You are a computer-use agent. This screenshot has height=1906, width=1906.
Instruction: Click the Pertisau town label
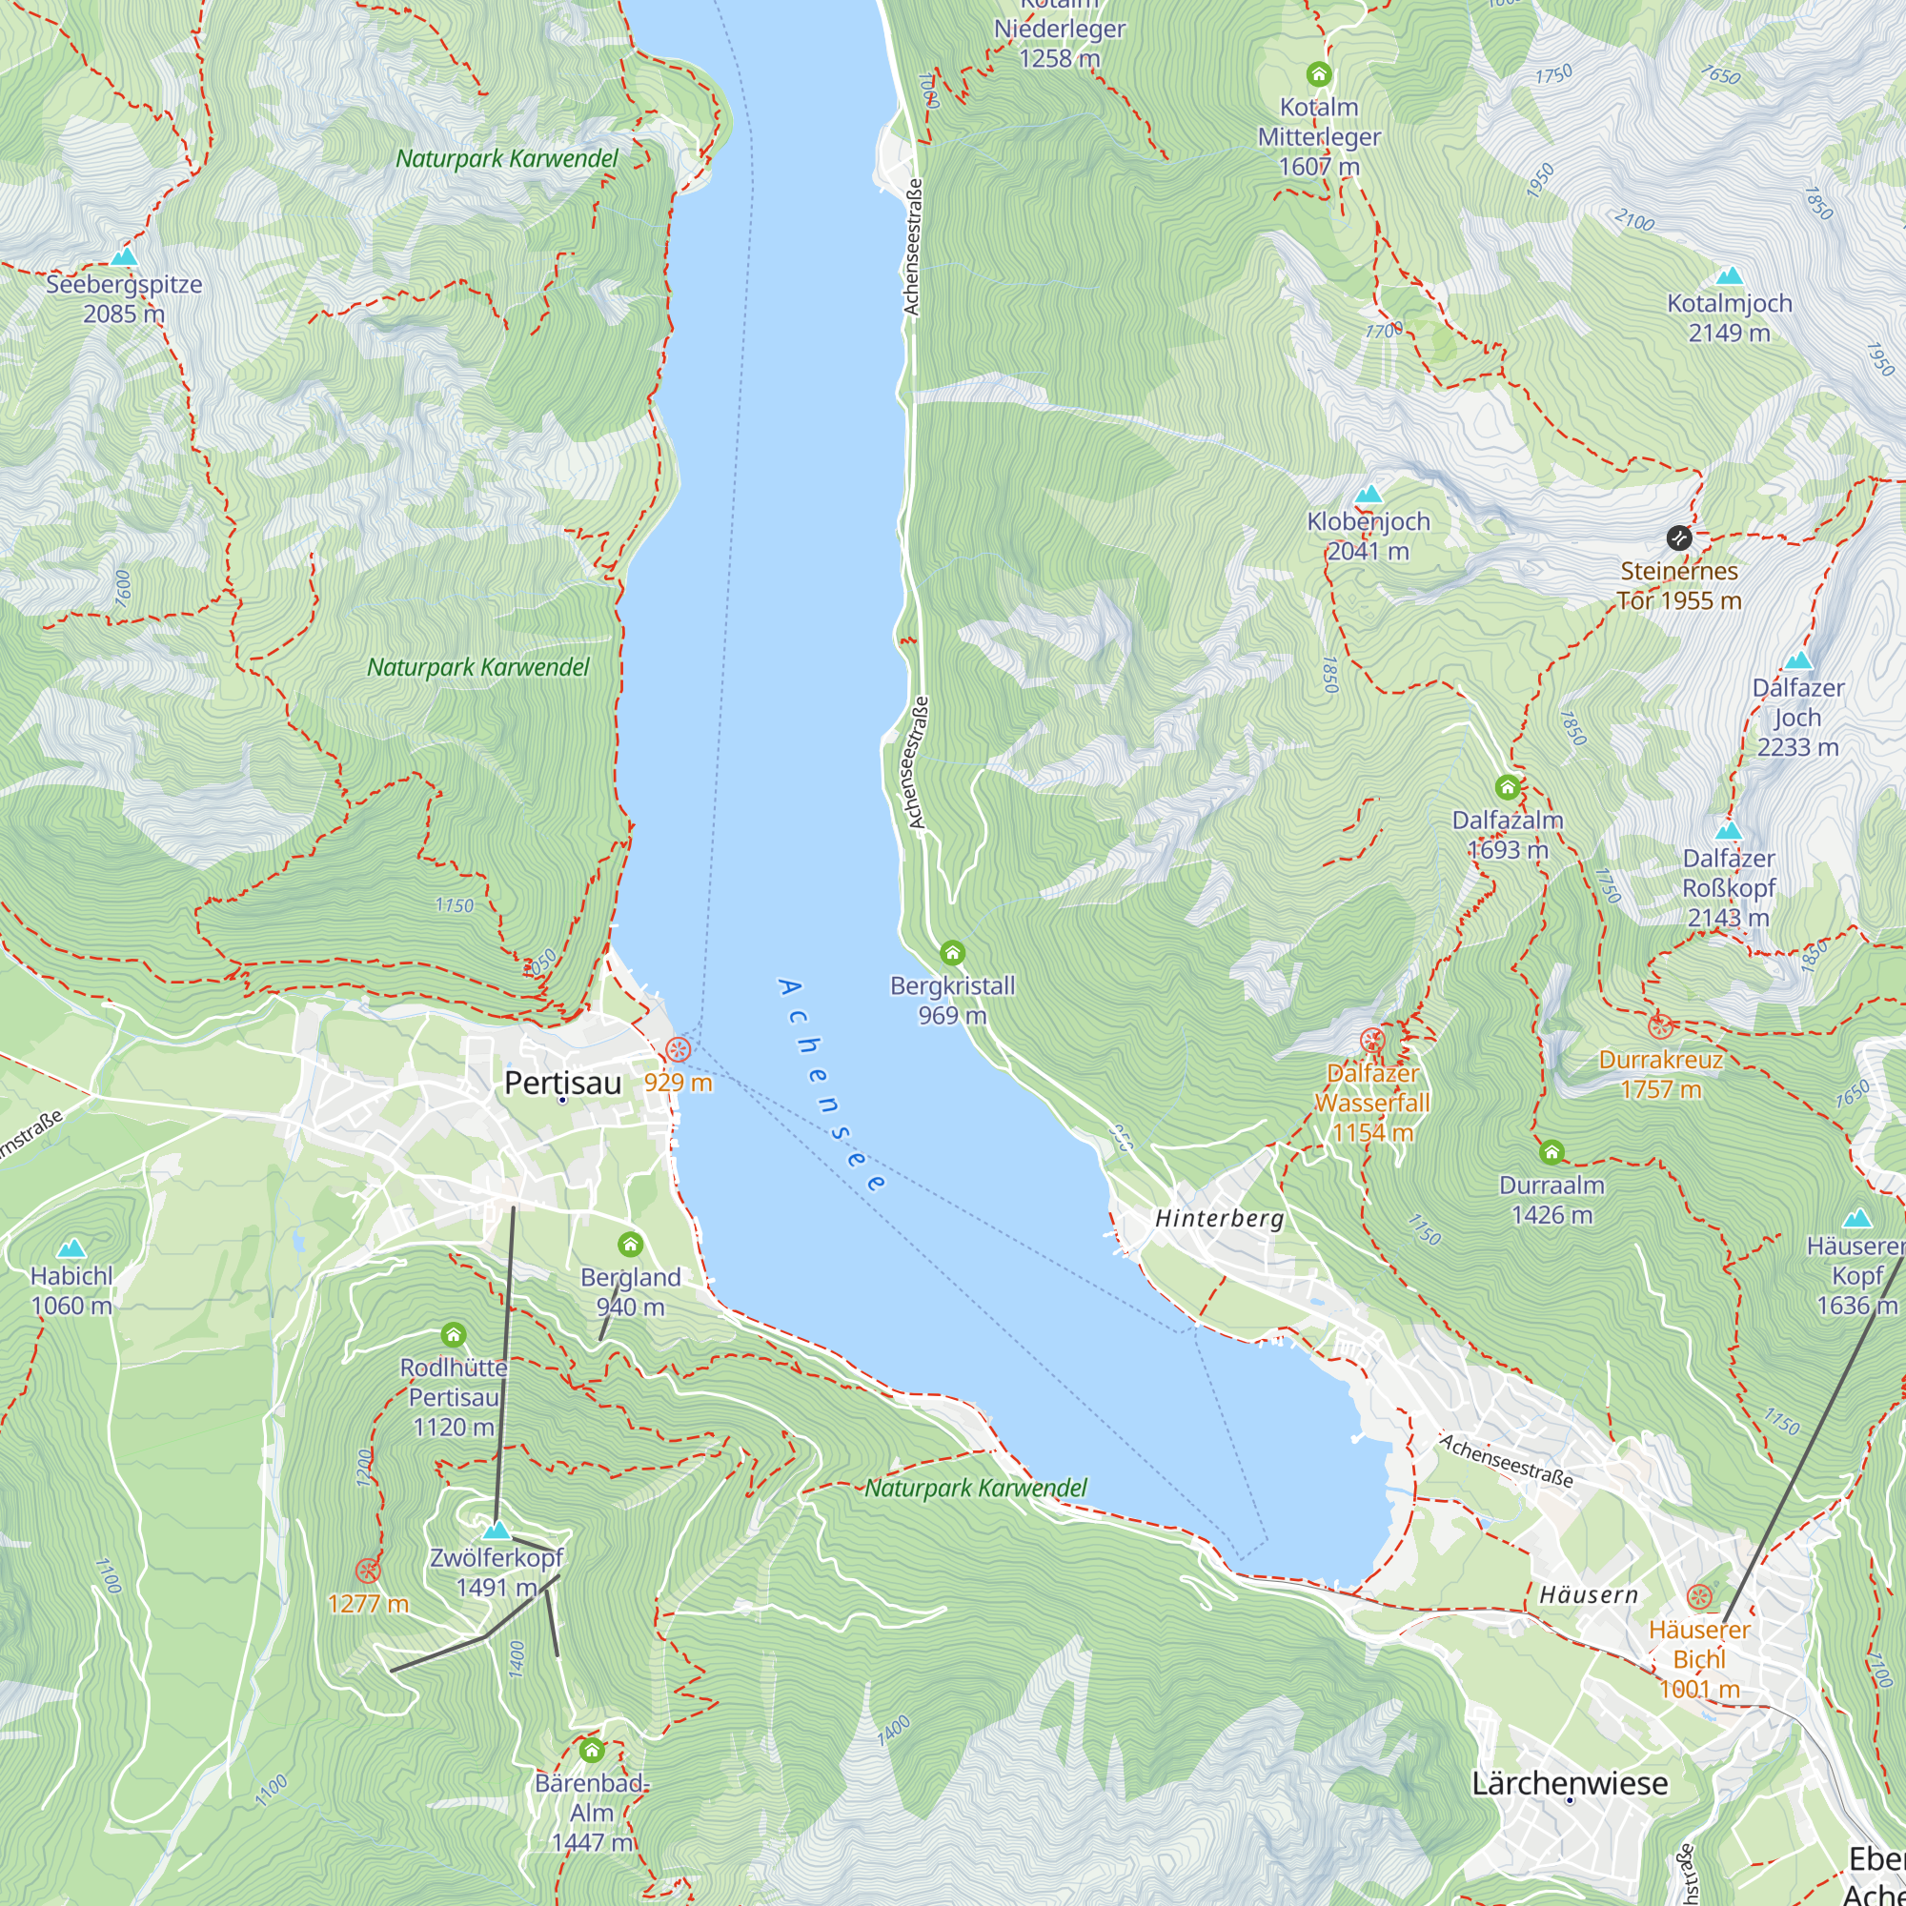(x=562, y=1084)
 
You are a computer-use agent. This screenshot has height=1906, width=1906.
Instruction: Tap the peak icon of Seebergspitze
(x=123, y=257)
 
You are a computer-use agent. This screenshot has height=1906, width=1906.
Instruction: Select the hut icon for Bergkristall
(x=952, y=953)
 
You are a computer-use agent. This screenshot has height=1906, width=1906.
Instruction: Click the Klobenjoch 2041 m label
(x=1369, y=536)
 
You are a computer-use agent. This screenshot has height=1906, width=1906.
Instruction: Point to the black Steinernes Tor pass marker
(x=1679, y=537)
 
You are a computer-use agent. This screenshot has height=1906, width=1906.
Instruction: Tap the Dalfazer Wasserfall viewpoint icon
(x=1371, y=1040)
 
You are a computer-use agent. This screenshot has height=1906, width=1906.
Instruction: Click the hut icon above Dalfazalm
(x=1507, y=787)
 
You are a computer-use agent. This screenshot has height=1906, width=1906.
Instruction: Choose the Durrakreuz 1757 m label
(x=1660, y=1074)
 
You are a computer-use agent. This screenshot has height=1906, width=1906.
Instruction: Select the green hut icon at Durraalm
(x=1551, y=1152)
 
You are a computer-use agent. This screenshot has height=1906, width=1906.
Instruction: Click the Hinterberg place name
(x=1220, y=1218)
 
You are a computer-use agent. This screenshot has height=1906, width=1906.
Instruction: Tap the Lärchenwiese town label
(x=1570, y=1783)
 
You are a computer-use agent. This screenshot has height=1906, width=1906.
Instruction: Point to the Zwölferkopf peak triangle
(x=497, y=1531)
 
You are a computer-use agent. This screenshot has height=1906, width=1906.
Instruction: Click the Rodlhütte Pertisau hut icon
(x=453, y=1336)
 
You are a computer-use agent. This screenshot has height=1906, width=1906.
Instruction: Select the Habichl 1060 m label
(x=71, y=1290)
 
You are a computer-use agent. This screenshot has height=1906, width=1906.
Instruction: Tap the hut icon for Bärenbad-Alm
(x=591, y=1751)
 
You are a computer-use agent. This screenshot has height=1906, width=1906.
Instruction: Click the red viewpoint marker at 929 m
(x=678, y=1048)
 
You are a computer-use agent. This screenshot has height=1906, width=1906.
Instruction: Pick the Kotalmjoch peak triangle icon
(x=1729, y=276)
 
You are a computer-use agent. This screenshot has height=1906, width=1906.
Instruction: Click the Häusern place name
(x=1589, y=1594)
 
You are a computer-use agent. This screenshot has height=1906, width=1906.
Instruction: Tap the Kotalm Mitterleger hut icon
(x=1319, y=74)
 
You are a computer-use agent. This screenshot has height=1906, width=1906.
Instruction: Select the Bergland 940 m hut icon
(x=630, y=1244)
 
